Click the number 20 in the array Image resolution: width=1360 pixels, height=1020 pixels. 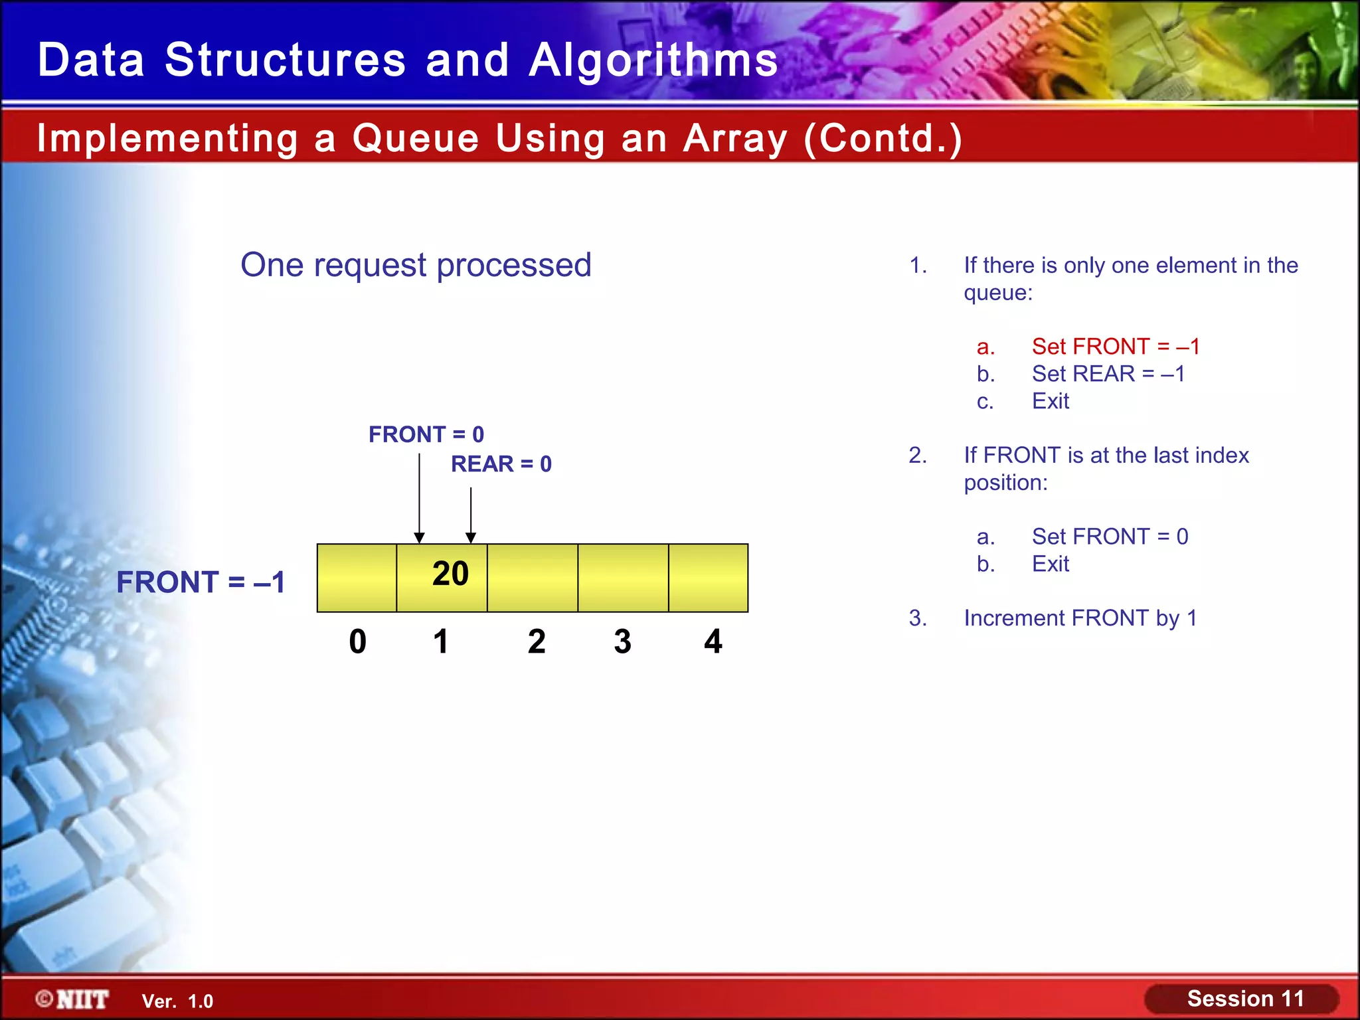point(450,574)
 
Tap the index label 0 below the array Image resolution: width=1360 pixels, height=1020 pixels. point(357,641)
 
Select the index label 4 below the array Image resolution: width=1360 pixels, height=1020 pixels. point(713,641)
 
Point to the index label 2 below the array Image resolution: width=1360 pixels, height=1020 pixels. point(537,641)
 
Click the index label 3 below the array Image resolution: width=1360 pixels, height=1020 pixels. point(622,641)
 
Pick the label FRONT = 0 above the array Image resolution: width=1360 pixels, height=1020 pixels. point(426,434)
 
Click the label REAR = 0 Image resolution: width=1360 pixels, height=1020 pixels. point(501,464)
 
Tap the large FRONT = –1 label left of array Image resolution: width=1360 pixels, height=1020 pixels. point(201,582)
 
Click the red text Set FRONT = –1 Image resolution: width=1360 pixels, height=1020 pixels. point(1116,346)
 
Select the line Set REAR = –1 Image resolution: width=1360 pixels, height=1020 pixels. point(1108,374)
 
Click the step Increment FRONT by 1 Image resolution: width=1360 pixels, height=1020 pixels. point(1080,618)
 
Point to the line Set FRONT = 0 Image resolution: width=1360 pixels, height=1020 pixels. point(1110,537)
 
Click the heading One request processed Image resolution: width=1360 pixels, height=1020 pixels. point(416,265)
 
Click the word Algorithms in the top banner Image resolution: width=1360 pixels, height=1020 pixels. point(653,60)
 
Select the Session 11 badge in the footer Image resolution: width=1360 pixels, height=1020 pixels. point(1244,999)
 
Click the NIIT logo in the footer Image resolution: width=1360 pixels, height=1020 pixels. point(73,999)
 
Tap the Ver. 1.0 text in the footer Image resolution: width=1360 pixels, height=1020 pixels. point(177,1001)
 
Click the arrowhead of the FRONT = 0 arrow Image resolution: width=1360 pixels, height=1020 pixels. point(419,538)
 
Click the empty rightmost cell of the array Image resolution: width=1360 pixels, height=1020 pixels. point(708,578)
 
